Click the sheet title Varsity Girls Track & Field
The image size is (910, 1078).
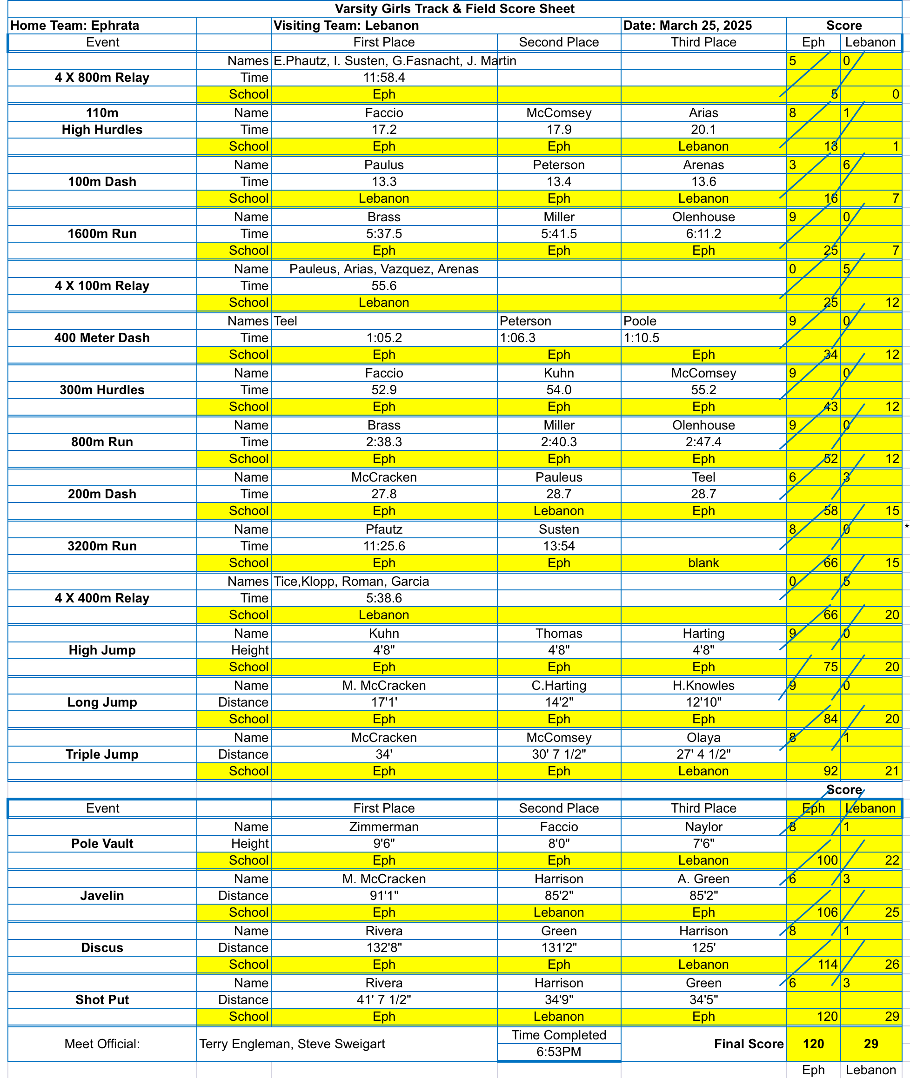click(x=455, y=9)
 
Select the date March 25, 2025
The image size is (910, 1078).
click(x=687, y=25)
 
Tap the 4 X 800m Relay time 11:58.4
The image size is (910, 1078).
click(x=384, y=77)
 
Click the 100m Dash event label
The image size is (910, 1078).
click(x=102, y=181)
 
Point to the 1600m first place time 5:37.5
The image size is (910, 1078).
click(x=384, y=233)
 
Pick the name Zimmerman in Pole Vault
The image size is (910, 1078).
click(x=384, y=827)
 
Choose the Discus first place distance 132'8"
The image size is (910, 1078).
click(x=384, y=947)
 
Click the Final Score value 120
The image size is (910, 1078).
click(x=813, y=1044)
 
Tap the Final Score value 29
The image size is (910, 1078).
click(x=871, y=1044)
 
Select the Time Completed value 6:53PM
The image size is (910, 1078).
click(x=559, y=1052)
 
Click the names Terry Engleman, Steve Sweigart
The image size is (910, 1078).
click(x=292, y=1044)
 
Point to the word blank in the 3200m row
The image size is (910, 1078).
click(x=703, y=562)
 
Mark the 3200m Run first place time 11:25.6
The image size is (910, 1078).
click(x=384, y=545)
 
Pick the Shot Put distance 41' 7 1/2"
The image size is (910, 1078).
click(x=384, y=999)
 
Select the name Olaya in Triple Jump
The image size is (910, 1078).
click(x=703, y=737)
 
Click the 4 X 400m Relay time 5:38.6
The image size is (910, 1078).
click(x=384, y=597)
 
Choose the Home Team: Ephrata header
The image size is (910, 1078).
click(x=75, y=25)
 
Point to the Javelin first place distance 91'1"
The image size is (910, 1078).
click(x=384, y=895)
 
